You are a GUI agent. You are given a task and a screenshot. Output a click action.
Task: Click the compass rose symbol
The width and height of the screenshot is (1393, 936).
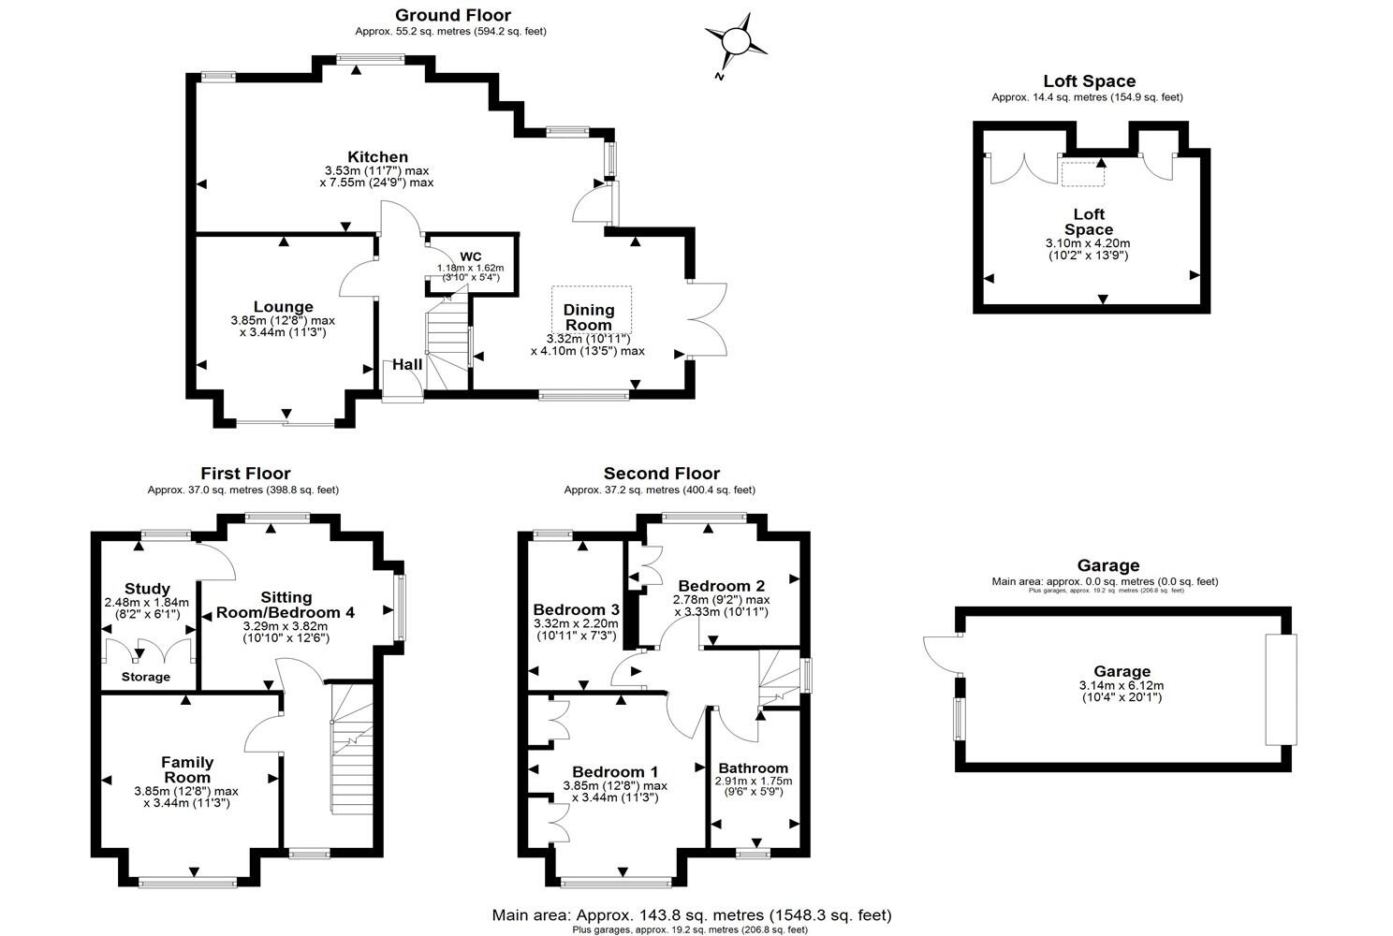pos(736,42)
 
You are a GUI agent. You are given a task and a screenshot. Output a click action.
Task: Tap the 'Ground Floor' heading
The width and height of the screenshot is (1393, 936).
pos(453,15)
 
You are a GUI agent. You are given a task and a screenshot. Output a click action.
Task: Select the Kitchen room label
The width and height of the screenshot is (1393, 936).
pos(377,156)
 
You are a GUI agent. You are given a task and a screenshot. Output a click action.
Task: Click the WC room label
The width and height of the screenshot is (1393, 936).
pos(470,256)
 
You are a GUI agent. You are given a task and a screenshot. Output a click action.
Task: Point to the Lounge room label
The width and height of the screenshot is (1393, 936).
pos(283,307)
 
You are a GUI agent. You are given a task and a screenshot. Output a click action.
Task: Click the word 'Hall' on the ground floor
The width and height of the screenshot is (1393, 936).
pos(407,364)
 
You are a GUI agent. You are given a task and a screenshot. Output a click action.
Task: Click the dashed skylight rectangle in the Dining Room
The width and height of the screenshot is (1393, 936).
pos(592,307)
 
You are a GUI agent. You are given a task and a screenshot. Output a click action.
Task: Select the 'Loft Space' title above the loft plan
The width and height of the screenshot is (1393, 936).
pos(1089,81)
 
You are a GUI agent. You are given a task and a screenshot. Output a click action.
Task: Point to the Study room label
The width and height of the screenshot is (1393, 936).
pos(147,589)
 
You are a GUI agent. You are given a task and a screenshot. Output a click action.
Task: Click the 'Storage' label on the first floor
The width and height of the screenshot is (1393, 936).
pos(146,677)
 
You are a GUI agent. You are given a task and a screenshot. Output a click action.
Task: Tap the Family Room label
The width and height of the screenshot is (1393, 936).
pos(187,769)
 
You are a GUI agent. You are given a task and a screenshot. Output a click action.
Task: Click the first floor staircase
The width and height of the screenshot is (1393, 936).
pos(351,749)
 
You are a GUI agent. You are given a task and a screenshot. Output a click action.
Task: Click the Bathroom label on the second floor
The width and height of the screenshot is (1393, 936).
pos(753,768)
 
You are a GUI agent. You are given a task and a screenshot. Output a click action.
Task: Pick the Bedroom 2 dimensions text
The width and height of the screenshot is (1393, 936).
pos(721,606)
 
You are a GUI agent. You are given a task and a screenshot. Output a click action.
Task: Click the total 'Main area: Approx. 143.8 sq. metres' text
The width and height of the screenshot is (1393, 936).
pos(692,914)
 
